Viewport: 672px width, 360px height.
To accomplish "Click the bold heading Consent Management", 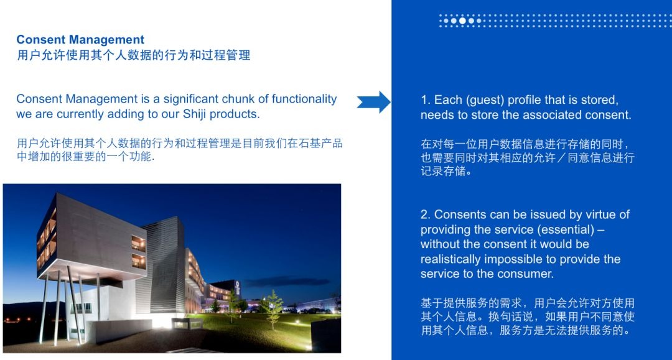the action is tap(80, 40).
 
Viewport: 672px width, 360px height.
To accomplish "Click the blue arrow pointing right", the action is tap(373, 102).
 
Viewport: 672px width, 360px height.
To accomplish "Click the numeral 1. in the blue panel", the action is tap(426, 99).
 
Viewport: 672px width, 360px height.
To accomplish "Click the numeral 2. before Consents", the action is tap(426, 215).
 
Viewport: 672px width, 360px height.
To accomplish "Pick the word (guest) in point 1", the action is tap(485, 100).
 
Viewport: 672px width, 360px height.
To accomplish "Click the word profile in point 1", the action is tap(524, 100).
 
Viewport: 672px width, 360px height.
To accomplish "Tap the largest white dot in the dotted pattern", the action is tap(462, 21).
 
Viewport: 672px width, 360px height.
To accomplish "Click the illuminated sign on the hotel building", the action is tap(238, 287).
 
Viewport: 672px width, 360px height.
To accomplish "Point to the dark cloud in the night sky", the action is tap(287, 281).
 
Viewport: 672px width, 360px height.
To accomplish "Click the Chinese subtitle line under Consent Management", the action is tap(134, 55).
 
